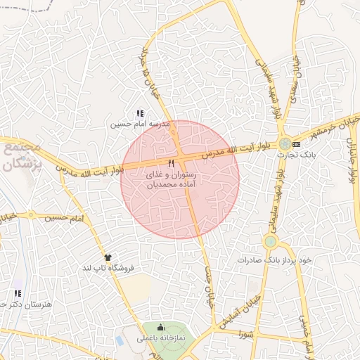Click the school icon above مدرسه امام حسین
(139, 112)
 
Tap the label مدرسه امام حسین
(141, 124)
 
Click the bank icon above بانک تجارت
(296, 144)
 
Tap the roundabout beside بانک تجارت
(284, 144)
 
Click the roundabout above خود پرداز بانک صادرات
(269, 242)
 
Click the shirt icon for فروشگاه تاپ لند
(108, 257)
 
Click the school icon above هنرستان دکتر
(18, 292)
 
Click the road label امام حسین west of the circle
(67, 218)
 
